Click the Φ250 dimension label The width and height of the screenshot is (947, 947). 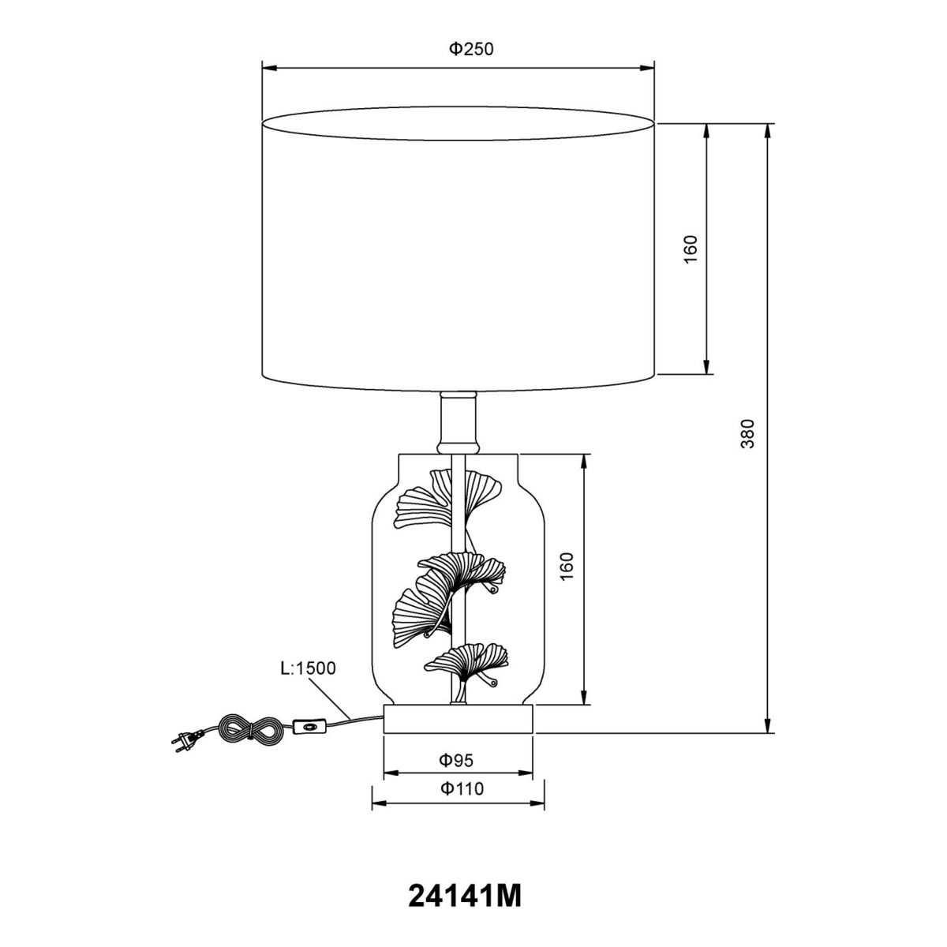click(x=471, y=49)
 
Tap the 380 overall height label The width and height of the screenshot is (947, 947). click(x=747, y=433)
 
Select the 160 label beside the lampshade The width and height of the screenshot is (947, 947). click(x=691, y=249)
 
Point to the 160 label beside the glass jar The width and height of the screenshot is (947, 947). click(x=567, y=566)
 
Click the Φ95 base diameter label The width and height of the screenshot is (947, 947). click(x=456, y=760)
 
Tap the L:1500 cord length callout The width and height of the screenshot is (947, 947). click(x=308, y=668)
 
